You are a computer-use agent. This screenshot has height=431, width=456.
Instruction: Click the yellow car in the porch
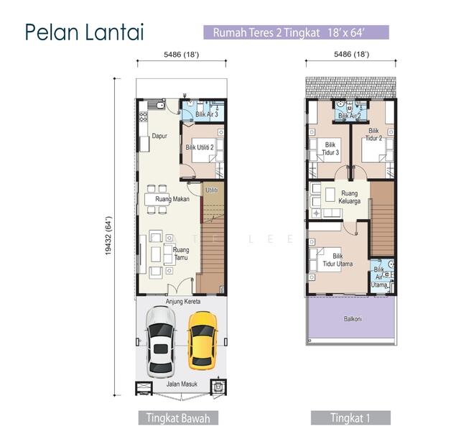pos(202,339)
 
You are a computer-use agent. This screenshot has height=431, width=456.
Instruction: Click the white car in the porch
pos(160,341)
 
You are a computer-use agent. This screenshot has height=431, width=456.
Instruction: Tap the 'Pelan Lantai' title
pos(84,32)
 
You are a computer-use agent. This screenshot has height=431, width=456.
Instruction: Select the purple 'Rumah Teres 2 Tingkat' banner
pos(296,32)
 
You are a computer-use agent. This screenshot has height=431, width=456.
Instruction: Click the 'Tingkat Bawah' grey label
pos(177,417)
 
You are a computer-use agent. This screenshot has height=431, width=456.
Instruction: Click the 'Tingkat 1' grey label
pos(350,417)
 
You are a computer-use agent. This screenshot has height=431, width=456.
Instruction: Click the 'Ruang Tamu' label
pos(181,254)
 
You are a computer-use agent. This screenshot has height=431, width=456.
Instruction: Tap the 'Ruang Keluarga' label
pos(349,198)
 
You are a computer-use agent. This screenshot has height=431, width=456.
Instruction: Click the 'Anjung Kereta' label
pos(183,302)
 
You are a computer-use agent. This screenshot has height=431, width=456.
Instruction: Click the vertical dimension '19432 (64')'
pos(108,237)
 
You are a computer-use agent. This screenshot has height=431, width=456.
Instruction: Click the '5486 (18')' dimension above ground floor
pos(181,54)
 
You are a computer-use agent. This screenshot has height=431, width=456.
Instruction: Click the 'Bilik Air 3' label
pos(206,114)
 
